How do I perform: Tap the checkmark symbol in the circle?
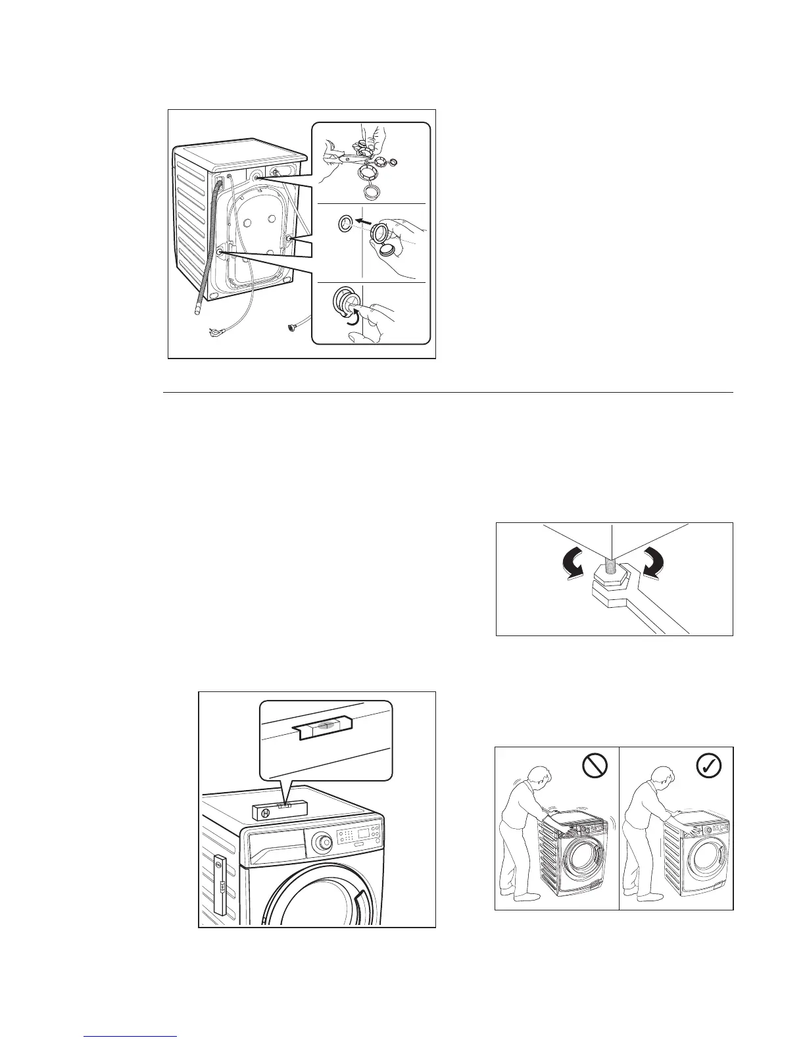pos(708,765)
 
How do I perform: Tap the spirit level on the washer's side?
pos(220,885)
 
